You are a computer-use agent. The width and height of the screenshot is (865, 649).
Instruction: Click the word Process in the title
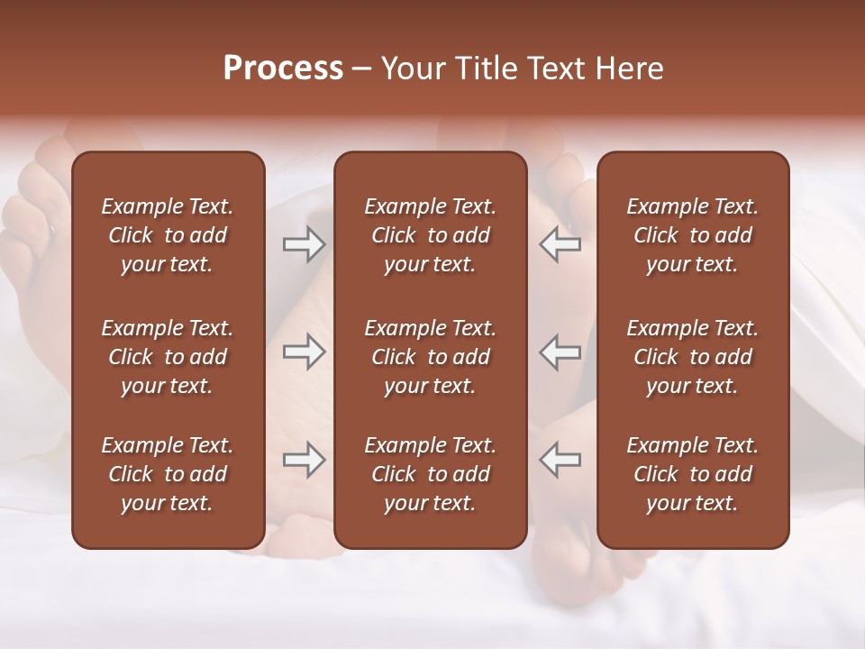(x=283, y=69)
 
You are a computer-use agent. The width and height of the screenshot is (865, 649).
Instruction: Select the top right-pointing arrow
(x=304, y=244)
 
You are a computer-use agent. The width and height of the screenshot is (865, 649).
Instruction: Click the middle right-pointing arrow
(x=304, y=352)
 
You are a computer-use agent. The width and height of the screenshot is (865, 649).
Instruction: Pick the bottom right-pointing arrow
(x=304, y=460)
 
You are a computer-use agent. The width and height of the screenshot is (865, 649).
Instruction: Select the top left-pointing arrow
(x=560, y=244)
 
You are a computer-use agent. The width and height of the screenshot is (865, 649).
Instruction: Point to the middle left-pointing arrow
(x=560, y=352)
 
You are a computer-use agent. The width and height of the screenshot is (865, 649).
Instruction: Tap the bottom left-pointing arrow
(x=560, y=460)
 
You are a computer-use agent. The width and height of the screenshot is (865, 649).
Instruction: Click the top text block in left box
(x=168, y=235)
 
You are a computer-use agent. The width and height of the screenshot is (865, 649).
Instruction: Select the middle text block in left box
(x=168, y=357)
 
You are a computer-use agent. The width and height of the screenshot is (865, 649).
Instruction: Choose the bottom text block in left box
(x=168, y=474)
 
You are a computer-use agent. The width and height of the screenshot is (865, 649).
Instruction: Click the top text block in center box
(x=430, y=235)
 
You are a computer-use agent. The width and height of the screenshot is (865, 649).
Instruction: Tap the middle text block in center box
(x=430, y=357)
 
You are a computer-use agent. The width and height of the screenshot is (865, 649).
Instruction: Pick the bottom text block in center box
(x=430, y=474)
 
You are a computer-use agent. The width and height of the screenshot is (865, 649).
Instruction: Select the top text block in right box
(x=692, y=235)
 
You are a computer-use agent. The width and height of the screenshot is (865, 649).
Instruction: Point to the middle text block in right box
(x=692, y=357)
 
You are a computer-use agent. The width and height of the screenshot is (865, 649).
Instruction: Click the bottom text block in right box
(x=692, y=474)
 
